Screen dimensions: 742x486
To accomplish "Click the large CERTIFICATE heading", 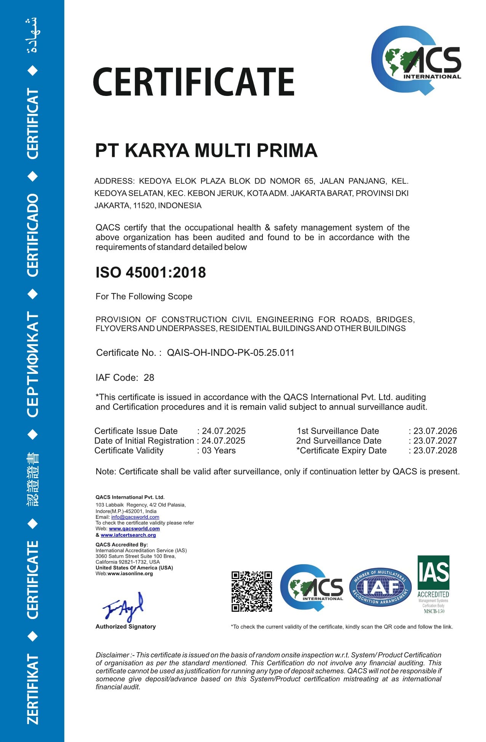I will (193, 82).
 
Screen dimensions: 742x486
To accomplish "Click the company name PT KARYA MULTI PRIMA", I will (206, 150).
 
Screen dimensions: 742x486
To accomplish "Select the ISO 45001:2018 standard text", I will (150, 273).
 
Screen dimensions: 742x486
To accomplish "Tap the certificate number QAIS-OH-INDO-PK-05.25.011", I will (231, 353).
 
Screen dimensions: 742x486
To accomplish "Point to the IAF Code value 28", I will (149, 378).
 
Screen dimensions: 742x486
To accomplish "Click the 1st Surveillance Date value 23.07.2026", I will (435, 431).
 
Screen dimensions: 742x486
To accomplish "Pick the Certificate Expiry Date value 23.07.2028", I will (435, 451).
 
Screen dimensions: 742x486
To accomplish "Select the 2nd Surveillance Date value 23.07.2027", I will (435, 441).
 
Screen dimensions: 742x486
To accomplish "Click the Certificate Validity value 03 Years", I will (219, 451).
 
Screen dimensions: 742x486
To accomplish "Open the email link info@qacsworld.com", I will (135, 517).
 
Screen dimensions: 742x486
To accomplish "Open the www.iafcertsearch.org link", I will (128, 535).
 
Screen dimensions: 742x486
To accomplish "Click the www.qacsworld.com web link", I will (134, 529).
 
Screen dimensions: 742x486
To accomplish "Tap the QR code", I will (252, 591).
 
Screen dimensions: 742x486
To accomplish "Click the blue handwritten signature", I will (123, 606).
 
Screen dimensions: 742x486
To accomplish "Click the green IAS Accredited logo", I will (433, 584).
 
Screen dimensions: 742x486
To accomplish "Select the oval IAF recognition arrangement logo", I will (380, 587).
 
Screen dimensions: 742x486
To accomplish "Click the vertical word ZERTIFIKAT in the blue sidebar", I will (33, 689).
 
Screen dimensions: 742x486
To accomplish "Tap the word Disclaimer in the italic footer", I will (112, 655).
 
